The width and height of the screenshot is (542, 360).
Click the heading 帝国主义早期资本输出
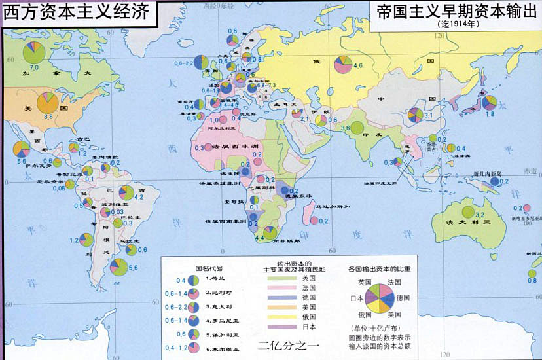coord(454,12)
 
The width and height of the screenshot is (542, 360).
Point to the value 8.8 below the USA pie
coord(48,116)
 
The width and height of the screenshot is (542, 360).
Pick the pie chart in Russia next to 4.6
coord(342,65)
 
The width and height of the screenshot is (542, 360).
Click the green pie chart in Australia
coord(467,212)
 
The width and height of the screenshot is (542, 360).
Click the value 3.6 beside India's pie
coord(345,128)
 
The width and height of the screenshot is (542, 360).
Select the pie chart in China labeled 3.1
coord(415,115)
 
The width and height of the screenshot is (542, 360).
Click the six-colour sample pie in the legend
coord(380,297)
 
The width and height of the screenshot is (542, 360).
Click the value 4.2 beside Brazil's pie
coord(139,196)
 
